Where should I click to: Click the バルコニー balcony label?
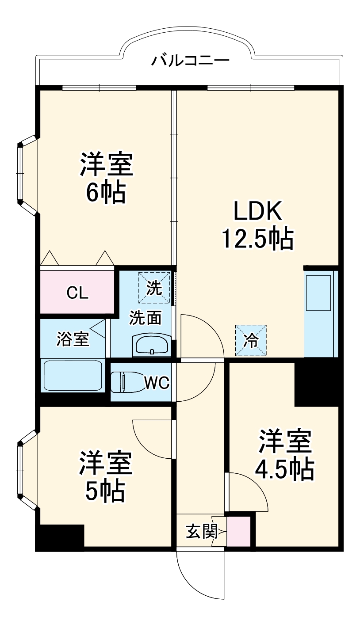point(191,61)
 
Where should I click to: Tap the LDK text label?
point(258,211)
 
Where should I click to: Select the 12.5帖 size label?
point(258,239)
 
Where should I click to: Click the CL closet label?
point(77,293)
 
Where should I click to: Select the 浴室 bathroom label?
point(73,339)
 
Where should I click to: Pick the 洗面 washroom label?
point(146,318)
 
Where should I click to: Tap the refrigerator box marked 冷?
point(251,340)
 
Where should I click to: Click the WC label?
point(157,382)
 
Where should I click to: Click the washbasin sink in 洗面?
point(152,345)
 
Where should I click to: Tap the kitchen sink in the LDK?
point(318,293)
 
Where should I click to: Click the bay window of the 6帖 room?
point(27,175)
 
